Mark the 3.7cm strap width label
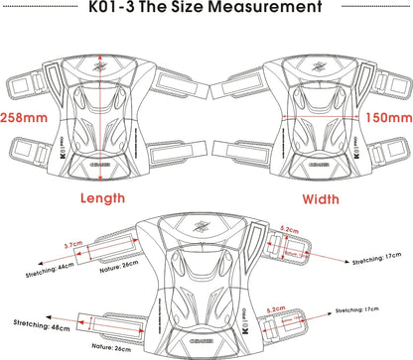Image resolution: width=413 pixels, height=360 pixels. click(x=72, y=244)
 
